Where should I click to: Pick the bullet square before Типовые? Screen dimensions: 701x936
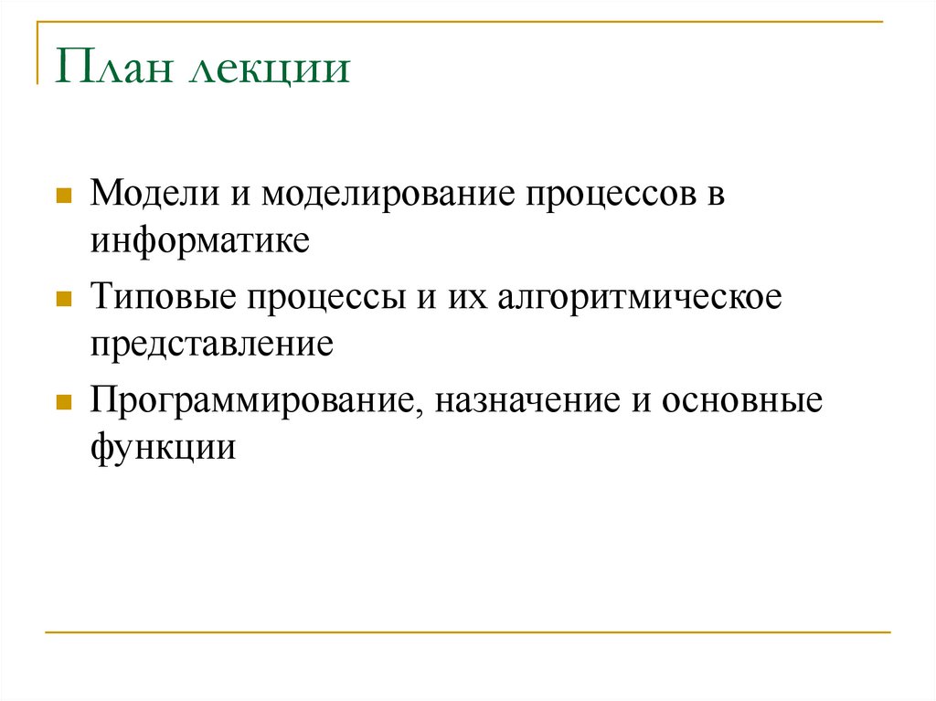[64, 299]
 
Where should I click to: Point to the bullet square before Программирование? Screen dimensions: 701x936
[64, 402]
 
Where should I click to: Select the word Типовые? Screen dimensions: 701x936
[160, 298]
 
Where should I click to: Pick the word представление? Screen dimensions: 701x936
[210, 345]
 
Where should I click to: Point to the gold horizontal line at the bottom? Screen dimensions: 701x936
[467, 632]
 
